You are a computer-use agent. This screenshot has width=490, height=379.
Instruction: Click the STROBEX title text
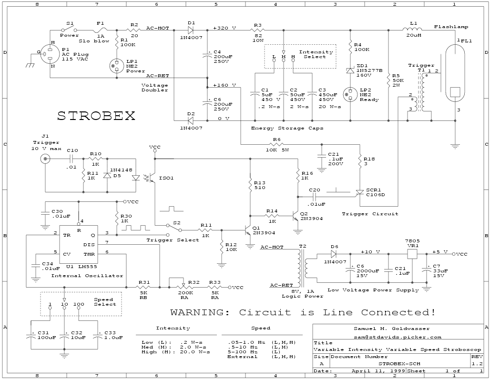point(96,116)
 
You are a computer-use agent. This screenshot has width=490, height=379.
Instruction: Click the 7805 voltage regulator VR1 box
point(412,254)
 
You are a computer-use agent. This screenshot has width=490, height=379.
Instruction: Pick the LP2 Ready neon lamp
point(351,93)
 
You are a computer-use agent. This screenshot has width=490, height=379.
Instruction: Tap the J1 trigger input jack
point(46,158)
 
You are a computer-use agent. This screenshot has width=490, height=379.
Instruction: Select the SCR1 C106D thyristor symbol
point(360,192)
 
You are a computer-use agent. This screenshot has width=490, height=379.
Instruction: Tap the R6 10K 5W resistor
point(276,143)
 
